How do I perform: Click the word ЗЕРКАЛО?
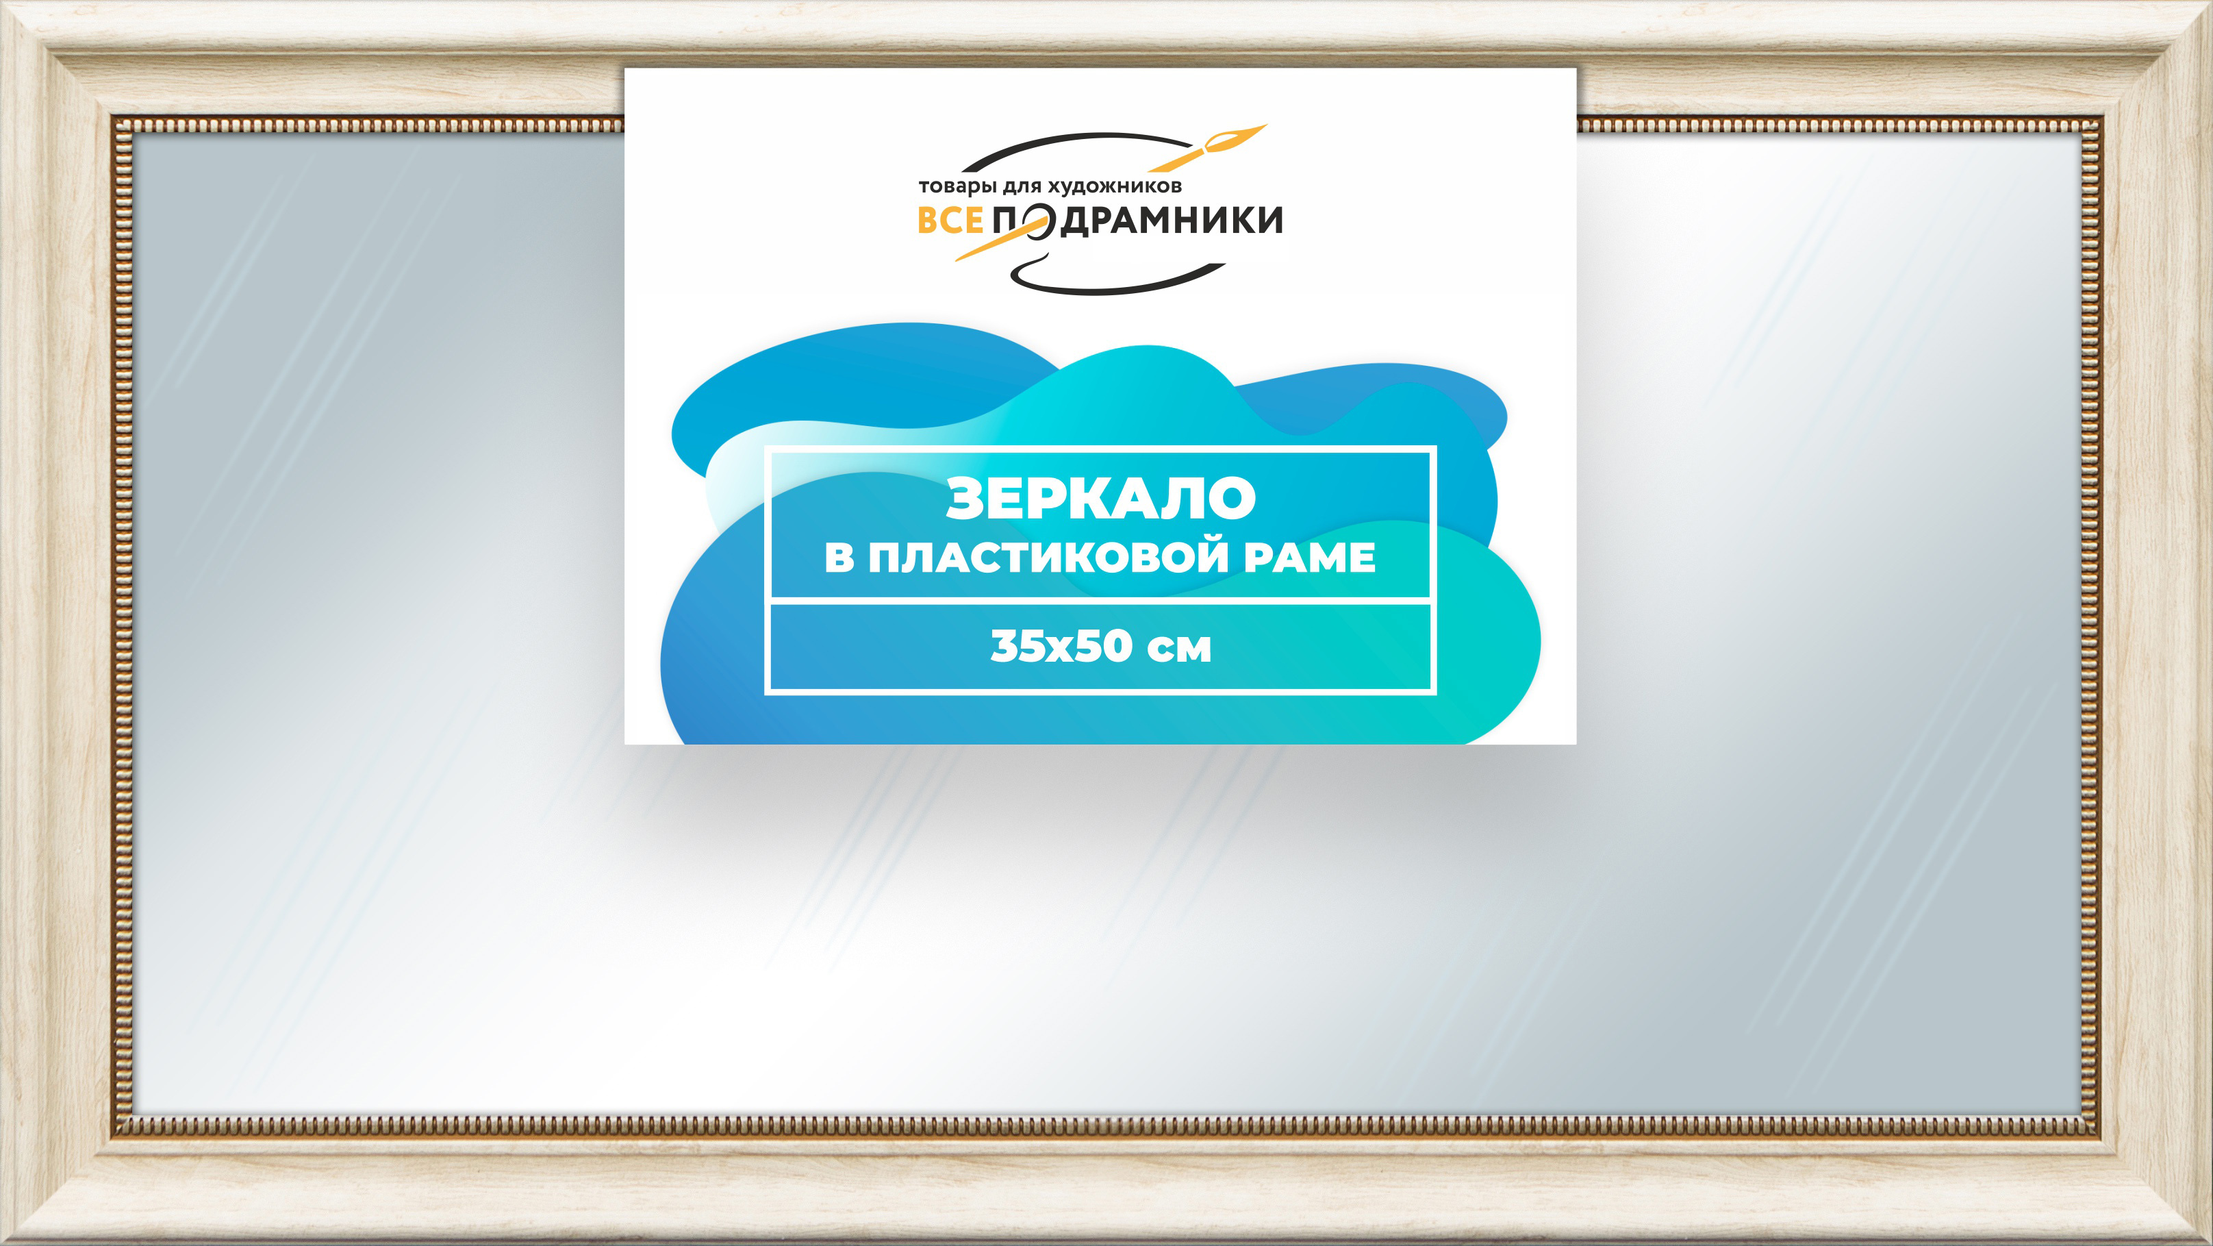point(1100,499)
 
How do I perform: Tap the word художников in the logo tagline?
point(1115,186)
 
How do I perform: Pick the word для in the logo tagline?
point(1022,186)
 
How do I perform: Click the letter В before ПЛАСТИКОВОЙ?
point(839,557)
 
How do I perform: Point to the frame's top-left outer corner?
point(1,1)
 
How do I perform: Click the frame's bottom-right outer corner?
point(2211,1244)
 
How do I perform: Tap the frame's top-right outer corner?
point(2211,1)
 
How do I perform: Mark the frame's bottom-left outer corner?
point(1,1244)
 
